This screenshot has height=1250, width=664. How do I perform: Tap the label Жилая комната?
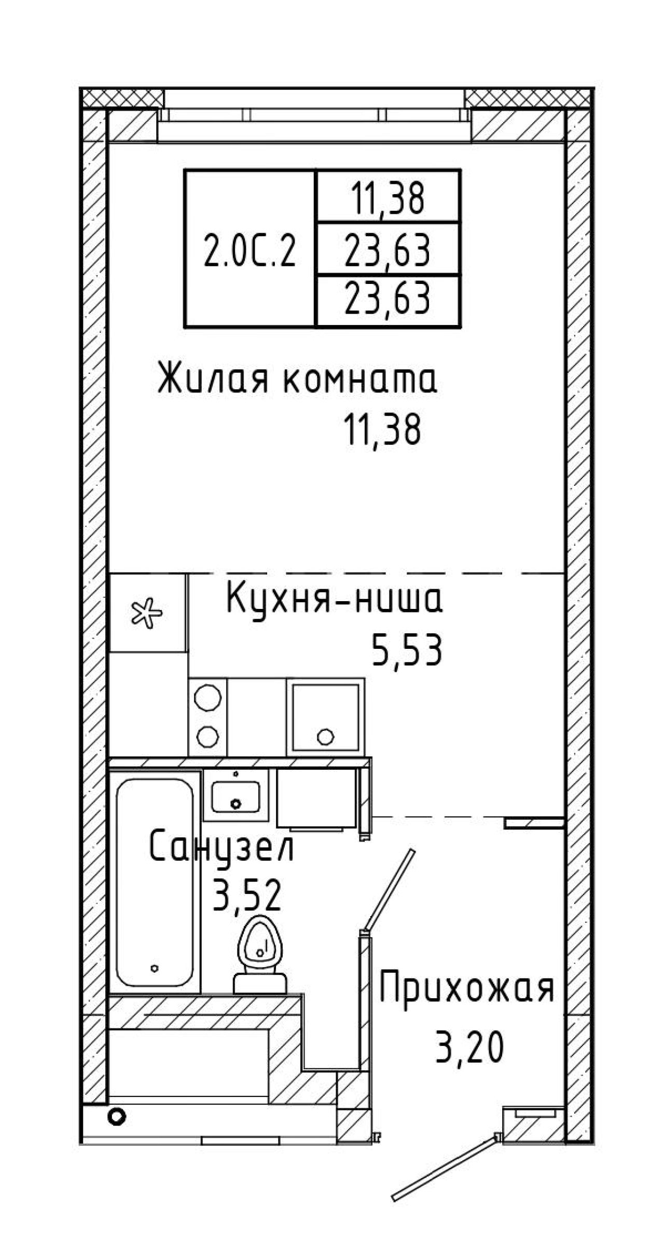(297, 379)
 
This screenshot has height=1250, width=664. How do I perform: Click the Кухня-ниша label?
(335, 600)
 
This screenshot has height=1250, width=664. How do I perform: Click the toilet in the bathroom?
(259, 955)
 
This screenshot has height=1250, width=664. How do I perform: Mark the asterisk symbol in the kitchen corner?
(146, 614)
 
